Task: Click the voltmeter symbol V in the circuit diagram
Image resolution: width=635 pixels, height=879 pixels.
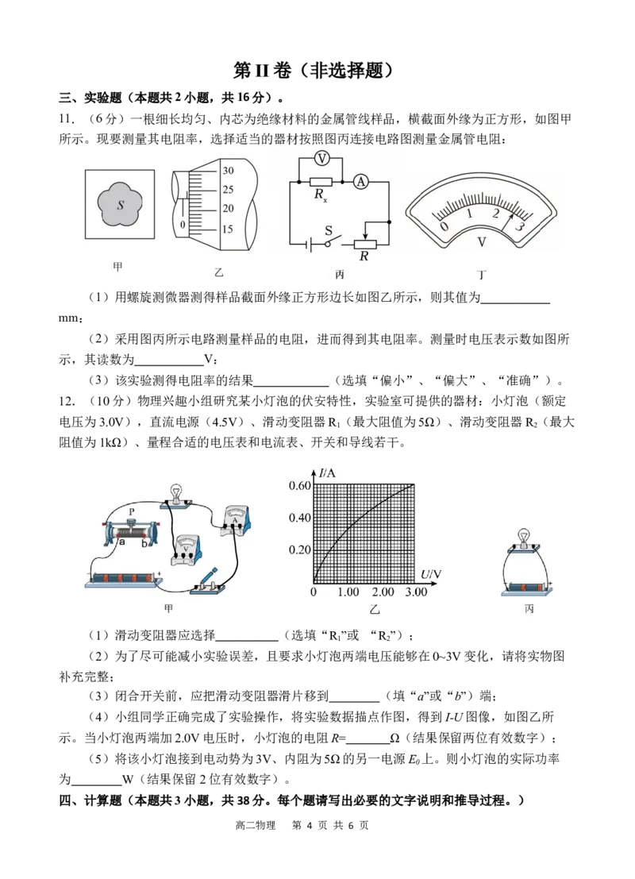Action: tap(321, 159)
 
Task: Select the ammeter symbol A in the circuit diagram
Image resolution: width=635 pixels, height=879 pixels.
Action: tap(361, 182)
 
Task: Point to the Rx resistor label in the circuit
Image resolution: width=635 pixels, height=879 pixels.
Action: tap(321, 195)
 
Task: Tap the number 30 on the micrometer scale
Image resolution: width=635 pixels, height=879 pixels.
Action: tap(228, 171)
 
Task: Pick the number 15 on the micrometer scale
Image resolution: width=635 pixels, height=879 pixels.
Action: tap(227, 229)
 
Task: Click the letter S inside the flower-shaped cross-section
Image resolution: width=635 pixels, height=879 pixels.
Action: tap(121, 205)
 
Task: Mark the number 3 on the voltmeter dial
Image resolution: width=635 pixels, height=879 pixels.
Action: tap(520, 226)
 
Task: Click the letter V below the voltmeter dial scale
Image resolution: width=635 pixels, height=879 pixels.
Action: tap(482, 242)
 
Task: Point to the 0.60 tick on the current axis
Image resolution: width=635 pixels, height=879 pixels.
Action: tap(299, 485)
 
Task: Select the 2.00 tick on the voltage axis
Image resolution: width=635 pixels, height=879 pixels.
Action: tap(383, 592)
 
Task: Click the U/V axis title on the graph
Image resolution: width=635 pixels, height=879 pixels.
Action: tap(430, 574)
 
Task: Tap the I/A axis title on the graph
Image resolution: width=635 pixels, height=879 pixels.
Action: tap(327, 473)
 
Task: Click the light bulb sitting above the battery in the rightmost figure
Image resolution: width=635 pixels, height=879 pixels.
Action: tap(523, 537)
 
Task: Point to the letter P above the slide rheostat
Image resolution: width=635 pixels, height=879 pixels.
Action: tap(132, 512)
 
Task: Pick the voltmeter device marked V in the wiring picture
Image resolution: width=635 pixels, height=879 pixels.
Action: tap(187, 550)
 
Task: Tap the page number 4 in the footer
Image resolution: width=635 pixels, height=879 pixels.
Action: tap(308, 825)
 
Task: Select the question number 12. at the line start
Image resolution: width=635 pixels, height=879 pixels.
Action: tap(67, 401)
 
